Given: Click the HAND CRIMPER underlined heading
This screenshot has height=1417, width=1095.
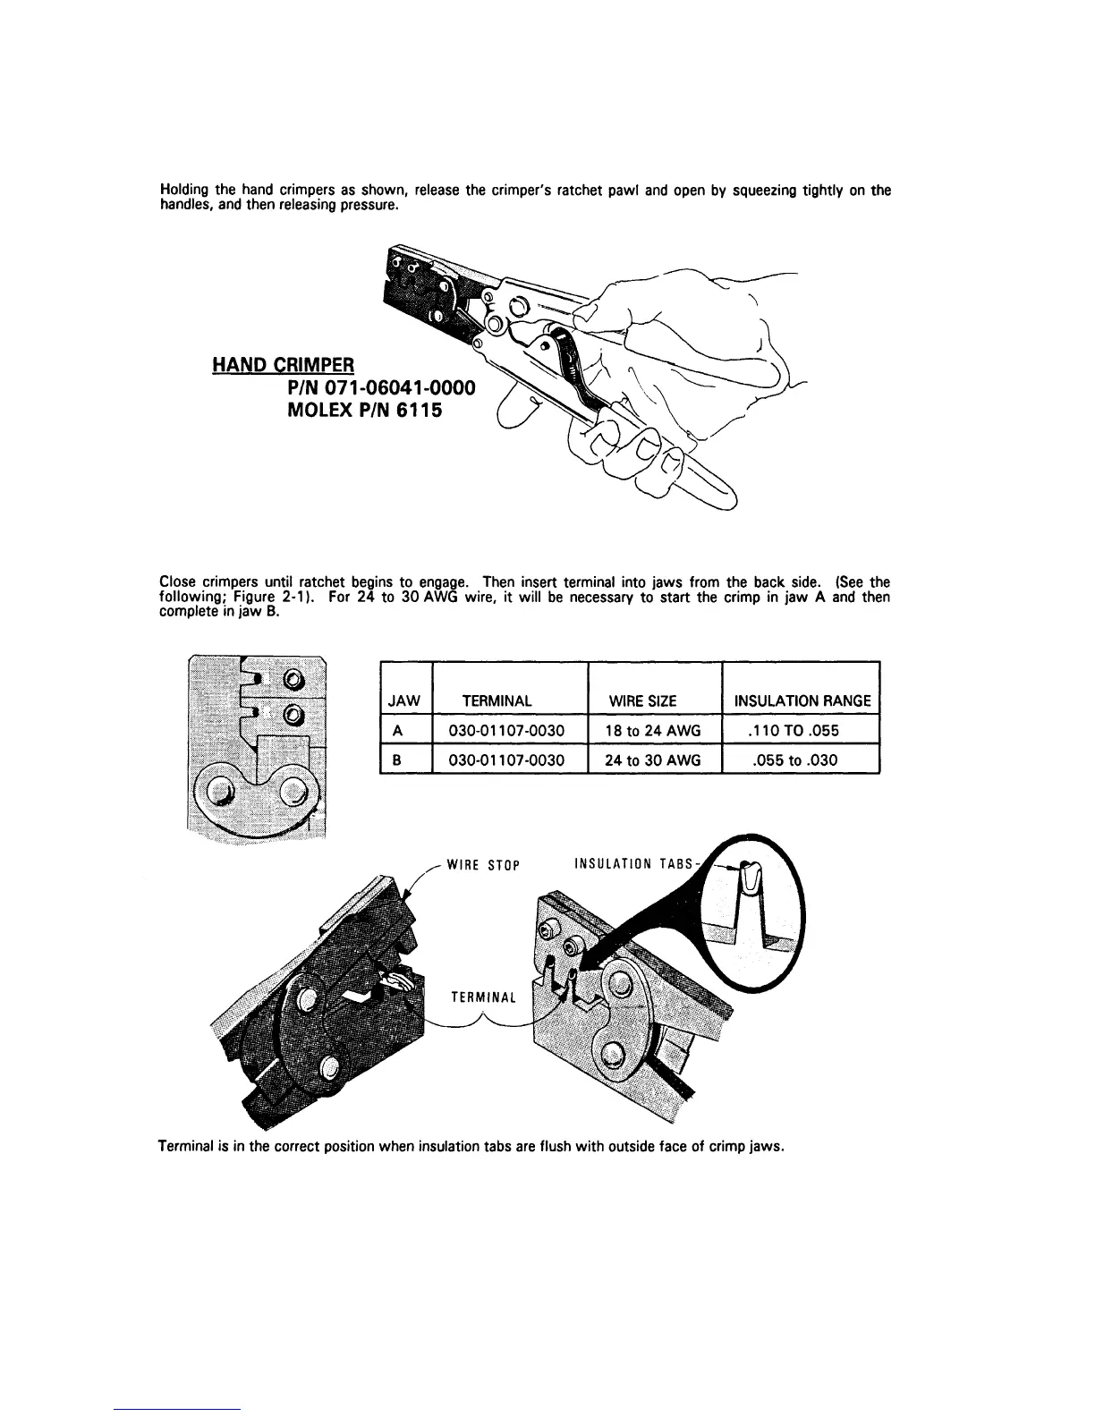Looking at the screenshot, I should point(284,365).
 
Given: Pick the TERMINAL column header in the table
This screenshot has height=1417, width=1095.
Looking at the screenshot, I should point(497,701).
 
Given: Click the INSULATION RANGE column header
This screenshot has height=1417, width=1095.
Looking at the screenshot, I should point(802,701).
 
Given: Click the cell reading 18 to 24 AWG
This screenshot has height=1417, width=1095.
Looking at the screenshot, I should point(652,731).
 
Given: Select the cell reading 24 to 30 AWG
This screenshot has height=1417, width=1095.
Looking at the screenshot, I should point(652,760).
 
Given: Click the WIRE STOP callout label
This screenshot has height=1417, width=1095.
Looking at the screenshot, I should point(482,865).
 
